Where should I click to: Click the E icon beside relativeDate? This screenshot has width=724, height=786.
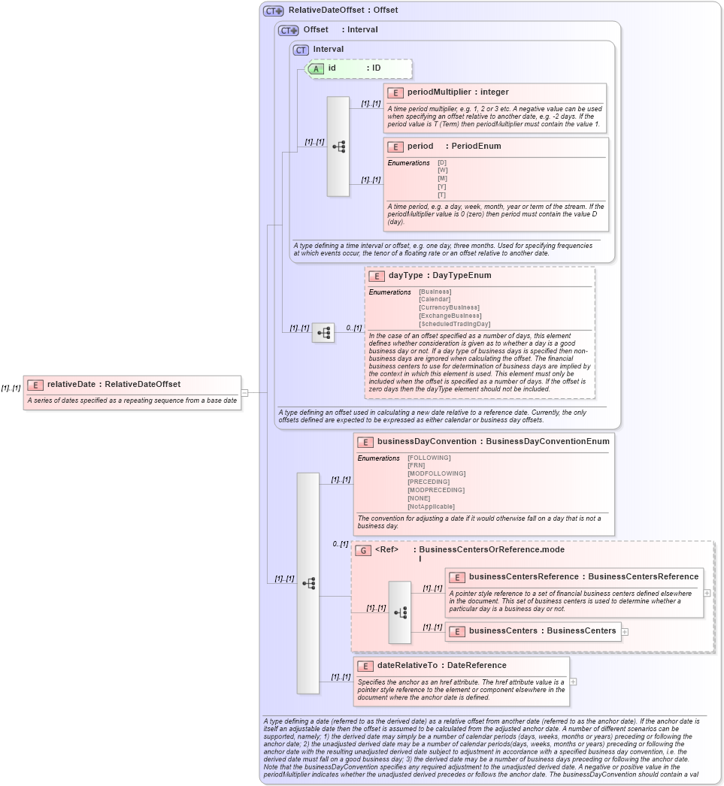[x=35, y=385]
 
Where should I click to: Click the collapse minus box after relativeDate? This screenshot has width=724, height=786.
[x=245, y=392]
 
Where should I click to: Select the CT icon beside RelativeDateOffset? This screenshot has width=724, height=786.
[x=273, y=11]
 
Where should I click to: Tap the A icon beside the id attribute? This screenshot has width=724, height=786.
[x=317, y=68]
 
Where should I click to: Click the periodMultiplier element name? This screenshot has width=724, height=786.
[x=439, y=92]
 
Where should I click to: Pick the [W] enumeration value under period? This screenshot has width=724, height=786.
[x=442, y=171]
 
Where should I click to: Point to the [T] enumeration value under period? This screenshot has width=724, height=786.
[x=442, y=195]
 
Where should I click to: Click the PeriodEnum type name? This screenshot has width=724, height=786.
[x=476, y=146]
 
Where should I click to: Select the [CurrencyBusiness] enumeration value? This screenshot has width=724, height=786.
[x=449, y=307]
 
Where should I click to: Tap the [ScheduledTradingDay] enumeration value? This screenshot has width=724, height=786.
[x=454, y=324]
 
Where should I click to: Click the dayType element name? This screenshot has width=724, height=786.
[x=405, y=276]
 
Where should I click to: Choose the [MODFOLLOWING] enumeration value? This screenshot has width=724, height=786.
[x=436, y=473]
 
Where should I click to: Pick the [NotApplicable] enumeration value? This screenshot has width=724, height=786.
[x=431, y=506]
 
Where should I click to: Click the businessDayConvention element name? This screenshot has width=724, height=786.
[x=426, y=442]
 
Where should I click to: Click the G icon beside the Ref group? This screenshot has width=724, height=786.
[x=363, y=551]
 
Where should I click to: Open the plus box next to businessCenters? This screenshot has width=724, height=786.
[x=625, y=631]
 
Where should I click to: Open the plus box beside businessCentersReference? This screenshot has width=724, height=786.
[x=707, y=592]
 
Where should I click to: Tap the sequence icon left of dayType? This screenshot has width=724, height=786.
[x=323, y=333]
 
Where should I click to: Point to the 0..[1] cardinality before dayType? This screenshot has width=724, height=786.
[x=353, y=328]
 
